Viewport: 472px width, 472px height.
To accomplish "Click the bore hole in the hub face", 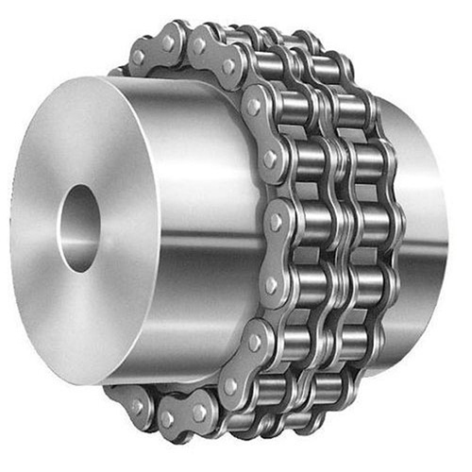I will tap(79, 227).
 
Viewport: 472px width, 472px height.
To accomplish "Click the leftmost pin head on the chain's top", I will tap(138, 57).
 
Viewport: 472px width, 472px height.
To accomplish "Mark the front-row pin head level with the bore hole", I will tap(275, 221).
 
